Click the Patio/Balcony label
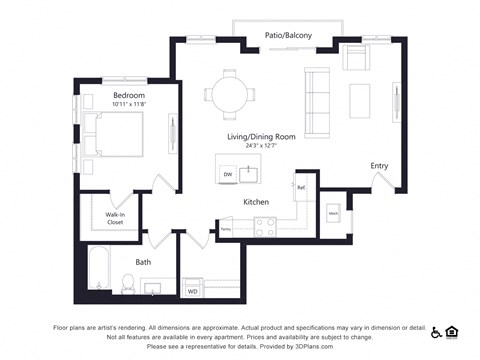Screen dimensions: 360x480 tap(288, 36)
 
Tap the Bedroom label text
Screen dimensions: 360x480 tap(129, 95)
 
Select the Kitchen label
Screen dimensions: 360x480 tap(257, 202)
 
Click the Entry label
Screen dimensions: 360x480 tap(379, 166)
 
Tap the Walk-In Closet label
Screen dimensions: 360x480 tap(116, 218)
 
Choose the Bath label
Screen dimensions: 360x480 tap(143, 262)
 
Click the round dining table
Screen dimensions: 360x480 tap(230, 95)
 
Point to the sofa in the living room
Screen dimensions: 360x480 tap(317, 95)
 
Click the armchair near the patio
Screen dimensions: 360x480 tap(356, 57)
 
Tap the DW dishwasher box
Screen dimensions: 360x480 tap(228, 175)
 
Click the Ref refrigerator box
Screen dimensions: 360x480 tap(300, 186)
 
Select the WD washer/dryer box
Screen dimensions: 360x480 tap(193, 292)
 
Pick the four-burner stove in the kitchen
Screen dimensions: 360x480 tap(265, 231)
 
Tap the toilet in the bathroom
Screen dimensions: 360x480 tap(127, 285)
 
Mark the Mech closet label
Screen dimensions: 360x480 tap(333, 214)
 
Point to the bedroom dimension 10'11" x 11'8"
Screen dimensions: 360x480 tap(129, 105)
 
